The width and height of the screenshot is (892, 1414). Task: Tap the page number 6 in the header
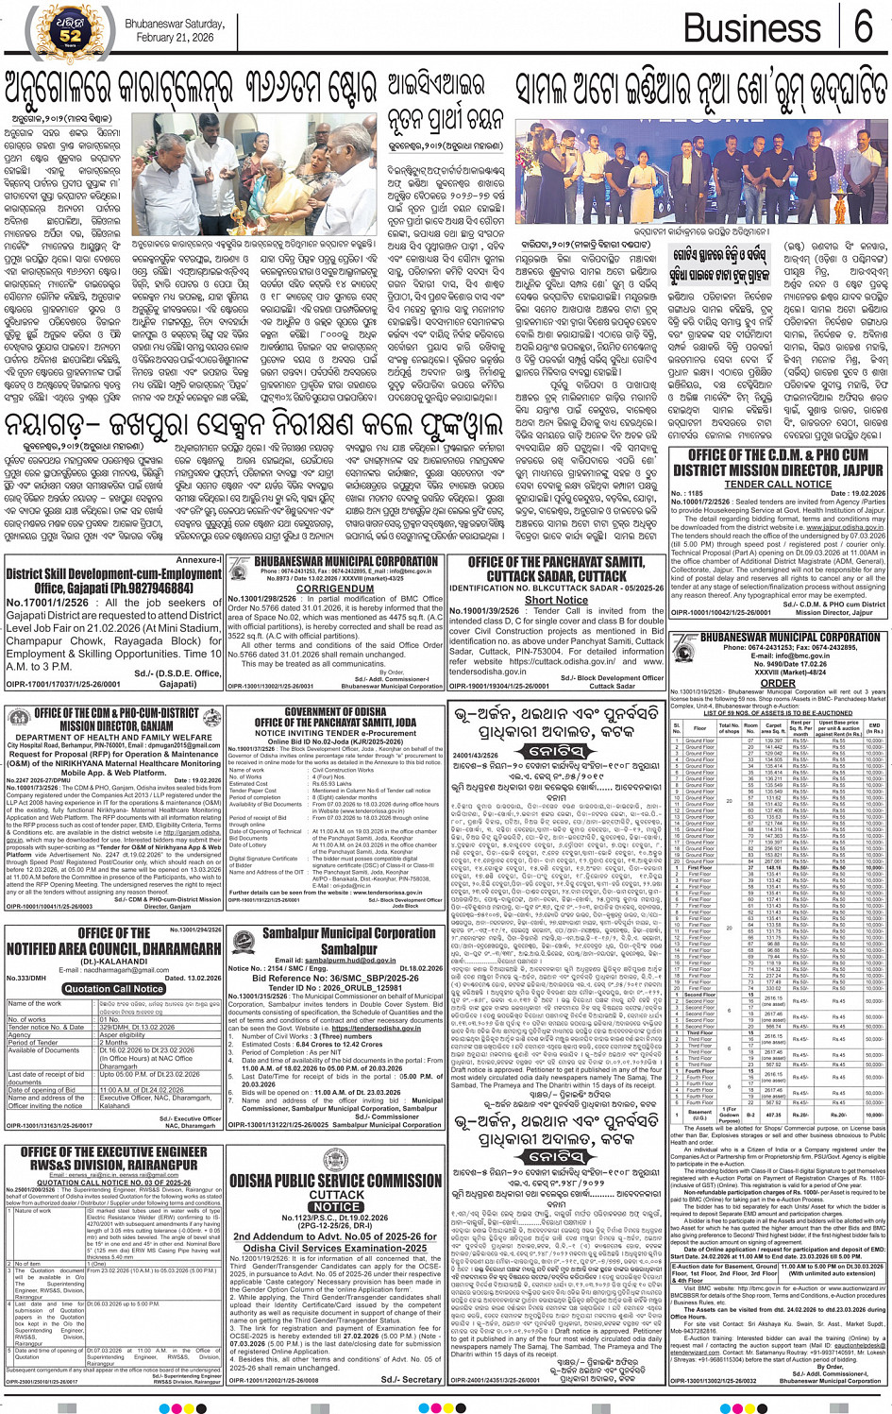(x=863, y=28)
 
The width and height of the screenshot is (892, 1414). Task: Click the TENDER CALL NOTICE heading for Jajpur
(x=778, y=485)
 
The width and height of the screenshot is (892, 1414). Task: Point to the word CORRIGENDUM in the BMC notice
(x=334, y=588)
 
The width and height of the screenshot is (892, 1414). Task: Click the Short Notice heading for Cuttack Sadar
(x=556, y=600)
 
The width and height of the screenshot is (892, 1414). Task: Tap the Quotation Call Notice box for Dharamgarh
(x=113, y=989)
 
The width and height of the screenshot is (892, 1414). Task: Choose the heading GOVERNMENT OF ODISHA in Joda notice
(x=335, y=711)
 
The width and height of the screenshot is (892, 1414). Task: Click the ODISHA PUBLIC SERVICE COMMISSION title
(x=335, y=1181)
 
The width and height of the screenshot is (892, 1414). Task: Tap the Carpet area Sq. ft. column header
(x=774, y=728)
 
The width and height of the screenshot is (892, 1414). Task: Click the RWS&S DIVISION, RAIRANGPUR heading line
(x=113, y=1165)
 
